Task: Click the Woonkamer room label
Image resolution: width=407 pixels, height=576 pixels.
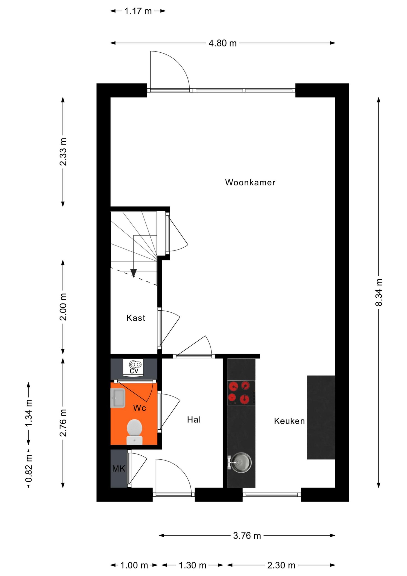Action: (250, 182)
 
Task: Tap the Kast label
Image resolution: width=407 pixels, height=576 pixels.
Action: (136, 318)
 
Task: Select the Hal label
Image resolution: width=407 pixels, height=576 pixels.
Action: (194, 420)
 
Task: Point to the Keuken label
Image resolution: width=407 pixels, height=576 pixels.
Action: (289, 421)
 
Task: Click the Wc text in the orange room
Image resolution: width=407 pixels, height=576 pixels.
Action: (139, 408)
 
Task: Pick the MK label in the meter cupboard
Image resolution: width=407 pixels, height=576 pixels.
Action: (119, 469)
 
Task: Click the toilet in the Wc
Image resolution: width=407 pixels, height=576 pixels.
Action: (135, 432)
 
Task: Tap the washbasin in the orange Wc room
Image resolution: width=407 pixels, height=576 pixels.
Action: (118, 398)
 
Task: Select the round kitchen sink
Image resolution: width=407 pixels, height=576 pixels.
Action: (240, 462)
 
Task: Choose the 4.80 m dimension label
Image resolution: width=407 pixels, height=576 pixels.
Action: (223, 43)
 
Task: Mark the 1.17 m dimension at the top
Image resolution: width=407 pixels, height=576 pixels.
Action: (138, 11)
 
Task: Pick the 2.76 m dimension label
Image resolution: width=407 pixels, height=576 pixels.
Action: (63, 423)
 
